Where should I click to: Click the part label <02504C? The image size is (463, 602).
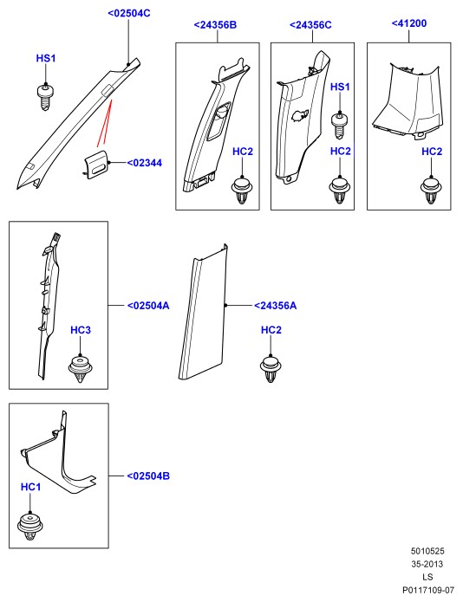tap(129, 13)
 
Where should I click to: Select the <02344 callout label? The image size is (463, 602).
tap(145, 163)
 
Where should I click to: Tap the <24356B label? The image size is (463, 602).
tap(215, 25)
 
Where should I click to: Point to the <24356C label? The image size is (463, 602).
tap(310, 25)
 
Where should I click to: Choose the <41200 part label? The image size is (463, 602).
tap(409, 23)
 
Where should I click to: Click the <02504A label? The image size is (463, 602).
tap(148, 306)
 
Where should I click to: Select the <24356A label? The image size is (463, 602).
tap(275, 306)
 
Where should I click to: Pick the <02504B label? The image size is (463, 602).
tap(148, 476)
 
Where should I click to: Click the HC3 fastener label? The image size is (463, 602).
tap(81, 330)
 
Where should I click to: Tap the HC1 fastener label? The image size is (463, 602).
tap(30, 487)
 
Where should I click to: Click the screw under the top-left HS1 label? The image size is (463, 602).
tap(45, 98)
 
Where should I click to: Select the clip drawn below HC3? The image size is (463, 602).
tap(81, 369)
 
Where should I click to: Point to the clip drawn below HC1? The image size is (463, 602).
tap(30, 526)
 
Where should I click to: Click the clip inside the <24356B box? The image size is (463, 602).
tap(242, 191)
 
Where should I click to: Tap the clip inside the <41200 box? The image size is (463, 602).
tap(431, 191)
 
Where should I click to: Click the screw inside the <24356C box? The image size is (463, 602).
tap(340, 126)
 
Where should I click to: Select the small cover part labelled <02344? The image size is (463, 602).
tap(96, 164)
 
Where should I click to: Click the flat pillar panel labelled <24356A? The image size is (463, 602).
tap(203, 312)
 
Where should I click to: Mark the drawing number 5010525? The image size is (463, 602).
tap(427, 551)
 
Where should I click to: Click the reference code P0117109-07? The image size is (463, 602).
tap(428, 590)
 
